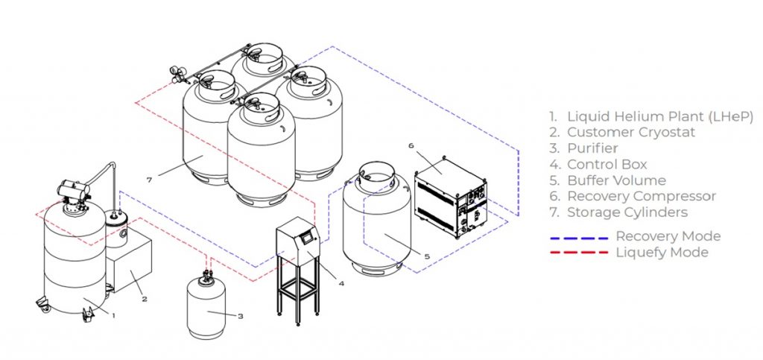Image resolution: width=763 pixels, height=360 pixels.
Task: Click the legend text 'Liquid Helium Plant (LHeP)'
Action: point(660,116)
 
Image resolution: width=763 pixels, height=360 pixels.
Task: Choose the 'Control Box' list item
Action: point(607,164)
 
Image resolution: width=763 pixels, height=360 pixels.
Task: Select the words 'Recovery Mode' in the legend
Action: point(668,236)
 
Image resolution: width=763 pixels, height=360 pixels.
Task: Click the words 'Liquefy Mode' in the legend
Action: point(662,253)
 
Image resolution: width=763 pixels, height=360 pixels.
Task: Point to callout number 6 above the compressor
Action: point(411,146)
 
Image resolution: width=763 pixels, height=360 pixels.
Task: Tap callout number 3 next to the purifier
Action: point(241,316)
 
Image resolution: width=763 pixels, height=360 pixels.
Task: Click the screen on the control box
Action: point(308,239)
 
